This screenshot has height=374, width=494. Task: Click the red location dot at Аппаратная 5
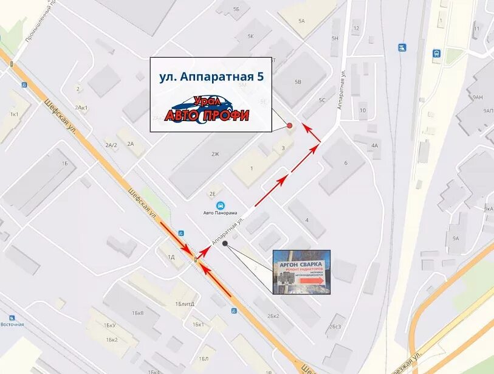point(289,126)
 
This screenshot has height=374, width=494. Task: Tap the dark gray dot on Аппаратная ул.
point(225,243)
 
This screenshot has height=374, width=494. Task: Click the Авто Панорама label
point(220,213)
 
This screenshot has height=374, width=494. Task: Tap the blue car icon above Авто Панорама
point(220,205)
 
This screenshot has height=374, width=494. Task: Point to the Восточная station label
point(12,324)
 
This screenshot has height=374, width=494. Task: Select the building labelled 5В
point(298,81)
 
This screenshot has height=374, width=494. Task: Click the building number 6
point(346,162)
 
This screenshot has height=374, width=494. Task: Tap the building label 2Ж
point(215,154)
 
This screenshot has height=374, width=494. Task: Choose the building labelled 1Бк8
point(137,313)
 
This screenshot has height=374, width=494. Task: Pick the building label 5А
point(301,21)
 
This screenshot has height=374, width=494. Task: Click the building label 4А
point(374,145)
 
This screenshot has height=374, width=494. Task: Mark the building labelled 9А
point(456,238)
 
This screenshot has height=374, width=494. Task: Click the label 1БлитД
point(184,303)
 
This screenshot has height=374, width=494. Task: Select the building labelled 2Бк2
point(273,316)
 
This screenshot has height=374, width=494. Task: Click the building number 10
point(363,110)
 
